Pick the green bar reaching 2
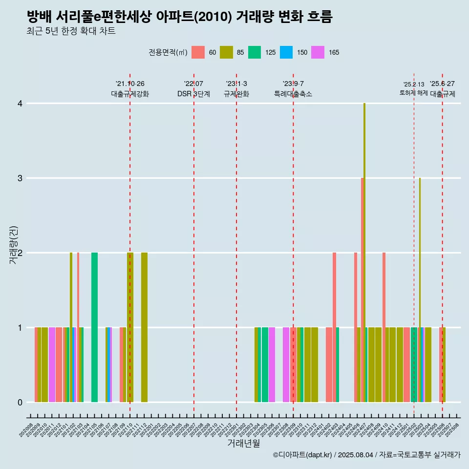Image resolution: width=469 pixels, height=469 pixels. (x=94, y=327)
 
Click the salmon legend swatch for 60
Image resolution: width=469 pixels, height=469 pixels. (x=198, y=52)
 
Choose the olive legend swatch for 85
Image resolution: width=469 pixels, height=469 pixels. (x=226, y=52)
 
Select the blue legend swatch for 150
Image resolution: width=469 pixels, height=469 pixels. (x=286, y=52)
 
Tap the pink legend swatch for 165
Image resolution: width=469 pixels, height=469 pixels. (x=318, y=52)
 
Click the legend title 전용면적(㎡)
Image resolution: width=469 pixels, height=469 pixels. (x=168, y=52)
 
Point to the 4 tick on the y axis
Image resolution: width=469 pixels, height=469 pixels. (x=20, y=104)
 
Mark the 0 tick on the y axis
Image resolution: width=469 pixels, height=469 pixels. (x=20, y=403)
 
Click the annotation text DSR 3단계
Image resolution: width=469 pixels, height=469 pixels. (x=193, y=94)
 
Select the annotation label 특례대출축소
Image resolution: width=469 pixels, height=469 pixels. (x=293, y=94)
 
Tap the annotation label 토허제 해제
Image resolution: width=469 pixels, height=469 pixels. (x=413, y=93)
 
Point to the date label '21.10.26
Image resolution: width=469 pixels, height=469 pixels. (x=130, y=84)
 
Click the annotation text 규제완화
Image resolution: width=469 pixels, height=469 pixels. (x=236, y=94)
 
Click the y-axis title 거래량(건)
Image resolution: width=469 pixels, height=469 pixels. (x=13, y=245)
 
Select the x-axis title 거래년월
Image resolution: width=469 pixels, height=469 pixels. (x=243, y=443)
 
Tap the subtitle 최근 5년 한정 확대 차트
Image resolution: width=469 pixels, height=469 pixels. (x=71, y=31)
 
